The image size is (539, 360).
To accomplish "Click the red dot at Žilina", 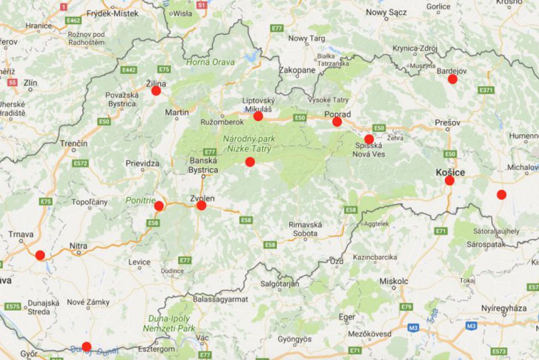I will click(156, 91).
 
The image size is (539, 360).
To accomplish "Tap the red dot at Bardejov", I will click(452, 79).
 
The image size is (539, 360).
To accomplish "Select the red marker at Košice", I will click(449, 181).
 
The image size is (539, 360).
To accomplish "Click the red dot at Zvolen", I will click(201, 206).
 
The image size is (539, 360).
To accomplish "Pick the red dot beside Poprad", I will click(337, 122).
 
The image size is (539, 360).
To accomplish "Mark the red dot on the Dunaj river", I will click(86, 346).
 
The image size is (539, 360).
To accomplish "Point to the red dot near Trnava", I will click(40, 256).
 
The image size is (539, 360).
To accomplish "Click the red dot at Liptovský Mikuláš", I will click(258, 116).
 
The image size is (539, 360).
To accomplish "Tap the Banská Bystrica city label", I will click(203, 165).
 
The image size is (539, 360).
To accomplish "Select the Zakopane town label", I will click(297, 70).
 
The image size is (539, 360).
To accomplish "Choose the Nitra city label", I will click(78, 246).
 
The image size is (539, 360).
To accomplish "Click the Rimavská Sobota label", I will click(305, 228).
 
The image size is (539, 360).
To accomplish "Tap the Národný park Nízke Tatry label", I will click(247, 144).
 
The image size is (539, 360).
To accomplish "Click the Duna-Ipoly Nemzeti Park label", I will click(169, 323).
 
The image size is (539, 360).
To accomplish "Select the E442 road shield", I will click(129, 70).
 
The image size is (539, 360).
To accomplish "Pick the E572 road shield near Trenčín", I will click(81, 164).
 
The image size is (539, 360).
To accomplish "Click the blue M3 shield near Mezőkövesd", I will click(414, 328).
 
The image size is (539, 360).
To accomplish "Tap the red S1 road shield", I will click(201, 5).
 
